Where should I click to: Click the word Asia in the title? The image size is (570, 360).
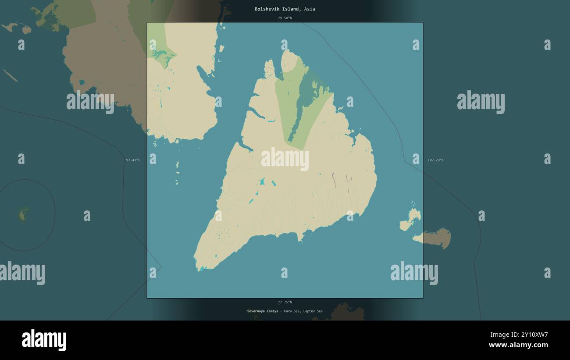[x=309, y=9]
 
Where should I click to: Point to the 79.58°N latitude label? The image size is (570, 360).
[x=285, y=18]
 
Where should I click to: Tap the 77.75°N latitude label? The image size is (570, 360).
[x=285, y=302]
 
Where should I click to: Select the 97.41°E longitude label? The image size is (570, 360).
[x=133, y=160]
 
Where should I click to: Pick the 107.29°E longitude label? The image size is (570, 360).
[x=435, y=160]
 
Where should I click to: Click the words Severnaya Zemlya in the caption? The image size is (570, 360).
[x=262, y=311]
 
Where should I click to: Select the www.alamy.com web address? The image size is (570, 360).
[x=518, y=345]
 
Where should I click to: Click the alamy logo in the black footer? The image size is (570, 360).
[x=44, y=340]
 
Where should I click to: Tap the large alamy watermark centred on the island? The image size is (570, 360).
[x=285, y=159]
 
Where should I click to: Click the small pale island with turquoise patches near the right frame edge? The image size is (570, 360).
[x=411, y=218]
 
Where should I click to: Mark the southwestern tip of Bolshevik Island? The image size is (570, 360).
[x=198, y=269]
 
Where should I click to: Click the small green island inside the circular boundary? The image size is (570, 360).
[x=23, y=214]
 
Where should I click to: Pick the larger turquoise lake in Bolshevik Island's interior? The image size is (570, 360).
[x=262, y=181]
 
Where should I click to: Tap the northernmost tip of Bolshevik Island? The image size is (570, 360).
[x=288, y=51]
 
